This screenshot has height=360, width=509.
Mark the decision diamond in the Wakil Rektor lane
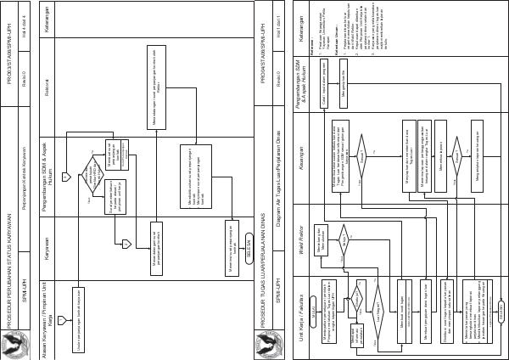click(x=344, y=233)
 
